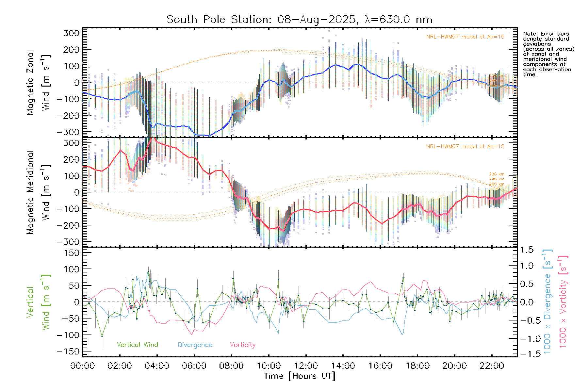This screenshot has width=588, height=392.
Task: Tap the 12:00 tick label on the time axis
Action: coord(306,366)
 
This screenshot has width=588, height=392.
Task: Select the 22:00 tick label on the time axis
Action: coord(492,366)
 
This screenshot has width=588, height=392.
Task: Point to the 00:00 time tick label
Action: coord(83,366)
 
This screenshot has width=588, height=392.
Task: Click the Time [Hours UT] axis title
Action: coord(300,376)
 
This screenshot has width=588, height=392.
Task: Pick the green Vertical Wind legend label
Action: coord(137,345)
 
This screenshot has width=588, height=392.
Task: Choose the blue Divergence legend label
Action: coord(195,345)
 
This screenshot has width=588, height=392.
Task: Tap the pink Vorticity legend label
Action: coord(242,345)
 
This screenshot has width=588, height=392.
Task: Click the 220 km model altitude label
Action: coord(497,174)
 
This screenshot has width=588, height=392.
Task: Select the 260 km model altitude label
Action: coord(497,184)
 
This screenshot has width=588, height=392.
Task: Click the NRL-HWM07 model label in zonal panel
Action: coord(465,37)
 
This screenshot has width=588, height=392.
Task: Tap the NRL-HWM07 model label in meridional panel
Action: coord(465,147)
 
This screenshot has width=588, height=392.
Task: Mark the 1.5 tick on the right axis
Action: coord(527,250)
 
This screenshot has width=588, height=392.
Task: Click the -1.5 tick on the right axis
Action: coord(527,354)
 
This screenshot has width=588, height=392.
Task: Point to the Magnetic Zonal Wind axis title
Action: coord(38,82)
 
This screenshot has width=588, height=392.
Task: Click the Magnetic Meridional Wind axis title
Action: coord(38,192)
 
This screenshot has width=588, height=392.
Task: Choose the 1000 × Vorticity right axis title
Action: coord(563,302)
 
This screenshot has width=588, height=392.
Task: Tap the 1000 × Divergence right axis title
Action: coord(547,302)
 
